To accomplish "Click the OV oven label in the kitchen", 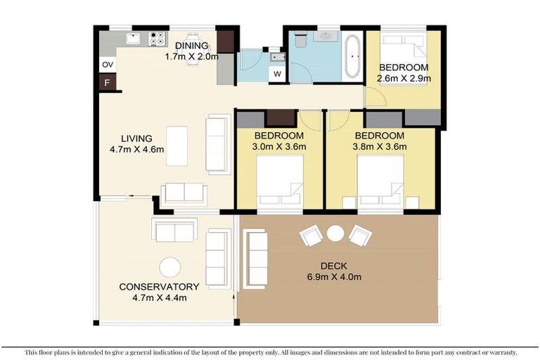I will tap(108, 65).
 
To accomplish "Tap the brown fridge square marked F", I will tap(108, 83).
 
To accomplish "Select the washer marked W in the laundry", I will tap(277, 74).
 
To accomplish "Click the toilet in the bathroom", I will tap(301, 41).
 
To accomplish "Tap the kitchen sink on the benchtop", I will tap(134, 39).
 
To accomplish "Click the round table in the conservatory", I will tap(169, 267).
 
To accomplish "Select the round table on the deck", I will tap(335, 232).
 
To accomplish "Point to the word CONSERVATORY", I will tap(158, 286).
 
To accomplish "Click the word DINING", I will tap(191, 46).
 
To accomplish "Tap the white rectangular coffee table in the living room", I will tap(176, 146).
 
